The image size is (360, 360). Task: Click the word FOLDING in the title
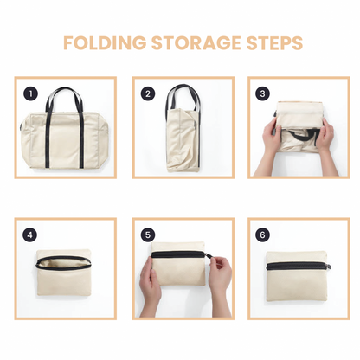tap(97, 43)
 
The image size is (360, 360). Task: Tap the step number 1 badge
tap(31, 93)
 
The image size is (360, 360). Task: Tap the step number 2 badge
tap(148, 93)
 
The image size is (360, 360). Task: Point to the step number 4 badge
tap(31, 235)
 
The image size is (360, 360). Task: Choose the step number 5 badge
tap(148, 235)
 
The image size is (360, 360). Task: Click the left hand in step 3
tap(269, 147)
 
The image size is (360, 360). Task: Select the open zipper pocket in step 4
tap(66, 263)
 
